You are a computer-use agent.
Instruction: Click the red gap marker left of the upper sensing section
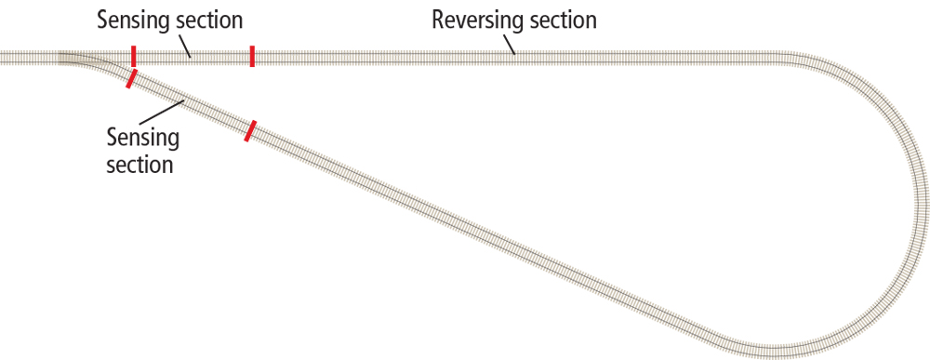[134, 57]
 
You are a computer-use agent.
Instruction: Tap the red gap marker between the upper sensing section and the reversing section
[252, 57]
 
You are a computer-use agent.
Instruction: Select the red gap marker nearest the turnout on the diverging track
[133, 78]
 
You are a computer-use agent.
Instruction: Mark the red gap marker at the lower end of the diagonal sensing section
[249, 130]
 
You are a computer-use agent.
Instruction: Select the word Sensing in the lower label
[142, 140]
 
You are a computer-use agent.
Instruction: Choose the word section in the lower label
[139, 166]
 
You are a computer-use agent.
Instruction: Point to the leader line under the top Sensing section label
[181, 45]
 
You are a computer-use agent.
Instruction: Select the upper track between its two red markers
[193, 58]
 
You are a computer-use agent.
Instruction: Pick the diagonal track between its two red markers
[192, 104]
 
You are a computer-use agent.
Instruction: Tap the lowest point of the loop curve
[772, 351]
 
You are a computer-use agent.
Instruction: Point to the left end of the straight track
[4, 58]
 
